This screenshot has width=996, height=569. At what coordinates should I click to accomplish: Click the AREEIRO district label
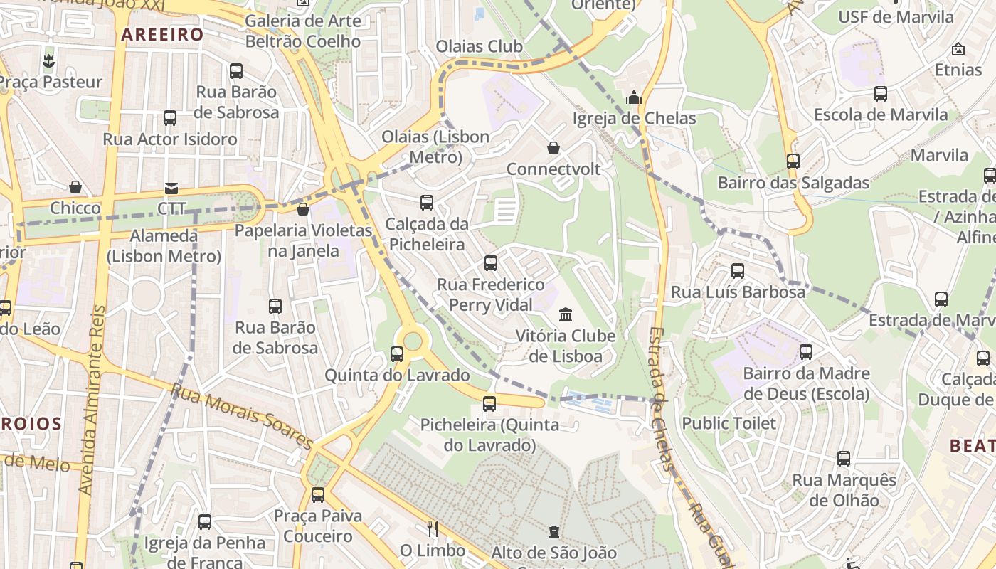(162, 34)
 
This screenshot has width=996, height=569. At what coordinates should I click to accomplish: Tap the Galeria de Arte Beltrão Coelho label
(302, 31)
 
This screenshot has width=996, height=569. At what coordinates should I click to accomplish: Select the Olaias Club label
(479, 47)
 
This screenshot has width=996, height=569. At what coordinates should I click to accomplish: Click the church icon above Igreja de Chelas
(634, 97)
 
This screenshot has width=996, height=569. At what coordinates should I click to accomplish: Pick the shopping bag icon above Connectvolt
(553, 148)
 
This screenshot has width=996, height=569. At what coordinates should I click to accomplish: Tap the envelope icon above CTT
(171, 188)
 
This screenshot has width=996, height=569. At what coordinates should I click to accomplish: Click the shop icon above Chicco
(75, 187)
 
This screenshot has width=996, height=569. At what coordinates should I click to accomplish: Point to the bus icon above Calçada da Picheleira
(427, 203)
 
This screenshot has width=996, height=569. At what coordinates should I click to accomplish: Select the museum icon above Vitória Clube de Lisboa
(566, 314)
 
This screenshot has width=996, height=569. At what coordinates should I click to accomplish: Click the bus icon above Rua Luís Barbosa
(738, 271)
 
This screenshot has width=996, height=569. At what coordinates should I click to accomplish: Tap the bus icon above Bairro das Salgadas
(793, 161)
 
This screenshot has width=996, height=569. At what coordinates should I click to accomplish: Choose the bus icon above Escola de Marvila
(881, 93)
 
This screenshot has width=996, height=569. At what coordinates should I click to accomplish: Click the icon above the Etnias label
(958, 49)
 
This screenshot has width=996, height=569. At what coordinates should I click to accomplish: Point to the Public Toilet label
(729, 423)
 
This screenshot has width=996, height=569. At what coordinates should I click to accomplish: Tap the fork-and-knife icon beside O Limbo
(432, 529)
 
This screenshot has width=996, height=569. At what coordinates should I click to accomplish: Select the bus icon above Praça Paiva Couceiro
(318, 494)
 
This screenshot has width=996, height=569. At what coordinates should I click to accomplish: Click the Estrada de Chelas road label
(660, 398)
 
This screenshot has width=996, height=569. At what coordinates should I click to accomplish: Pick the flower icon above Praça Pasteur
(48, 61)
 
